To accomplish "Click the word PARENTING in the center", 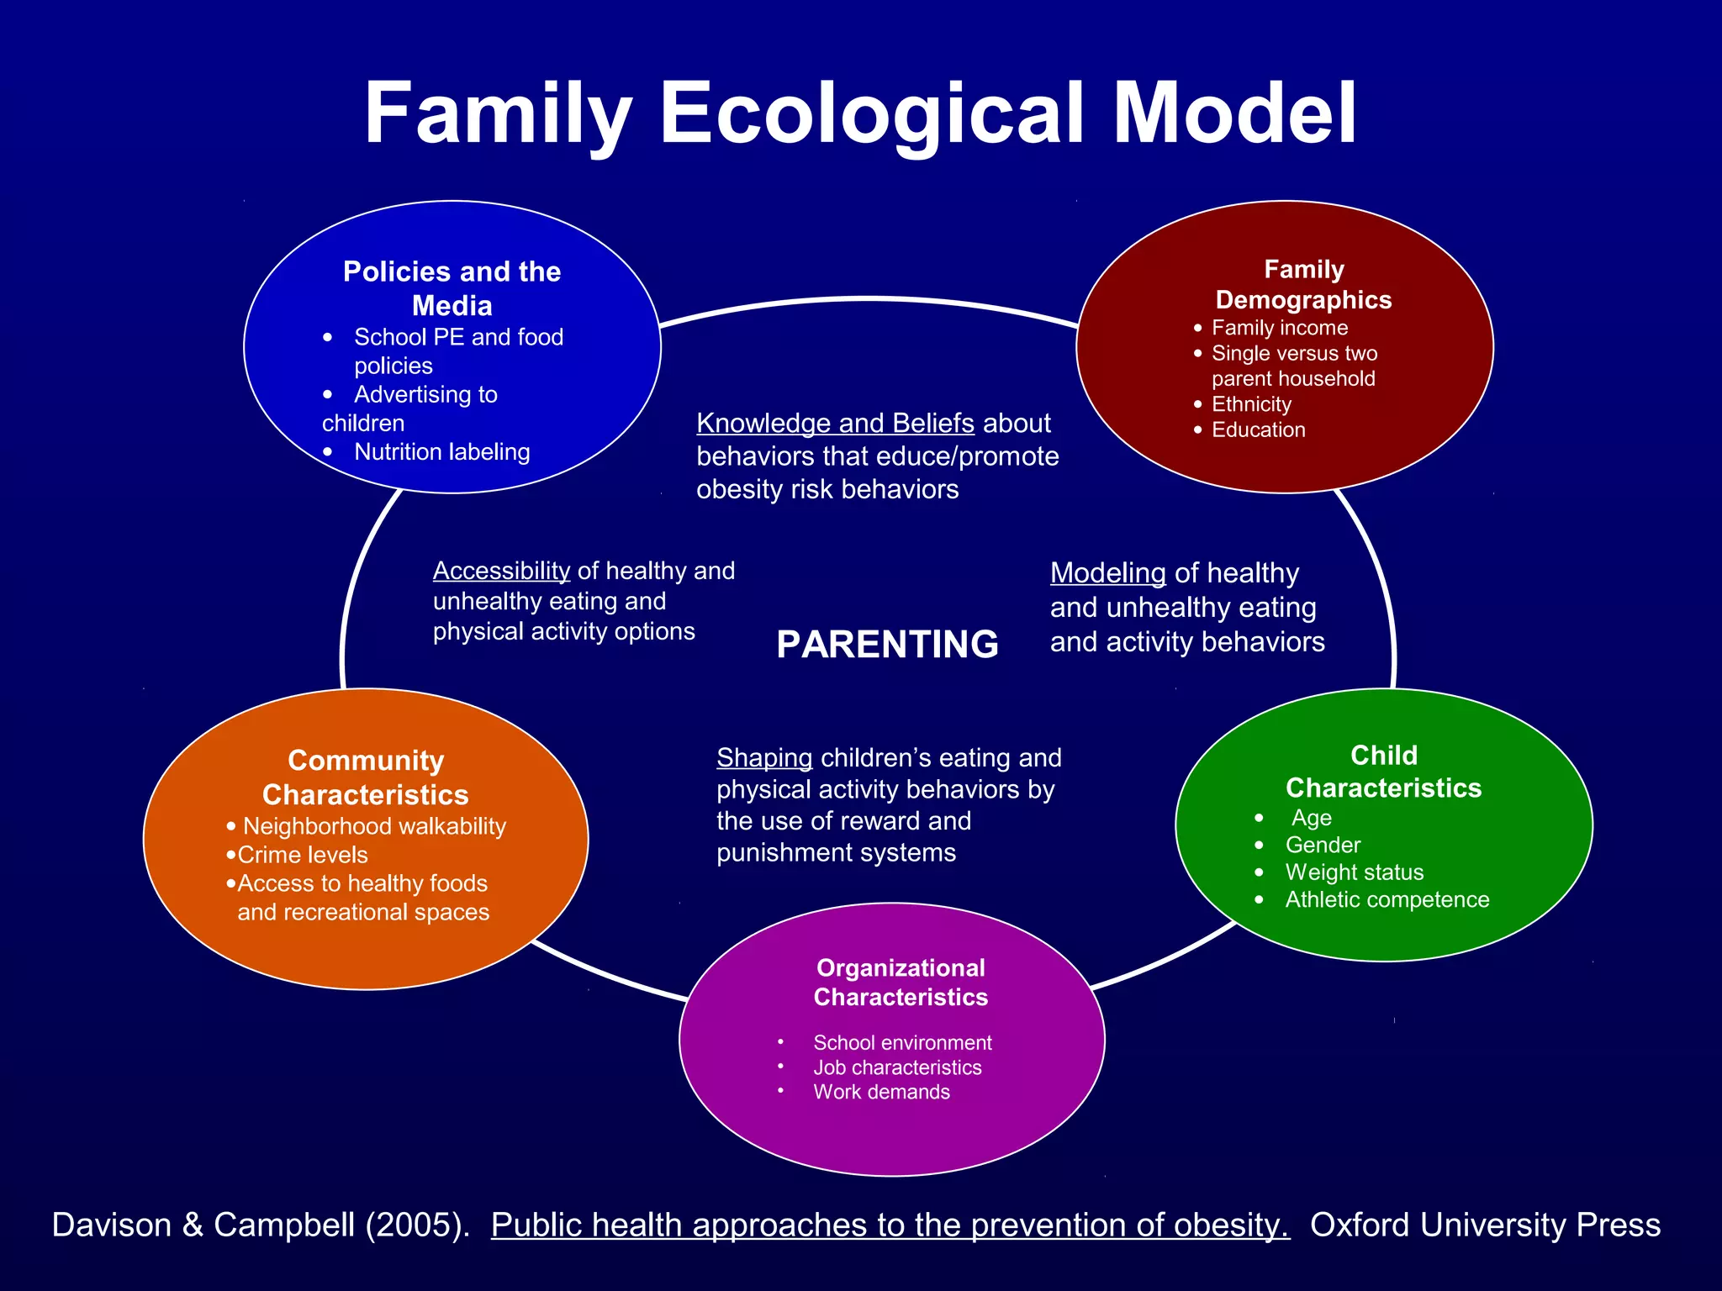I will click(x=887, y=645).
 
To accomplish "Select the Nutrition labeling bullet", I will click(x=441, y=452).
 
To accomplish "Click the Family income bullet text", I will click(x=1279, y=328).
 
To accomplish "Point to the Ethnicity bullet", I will click(x=1250, y=404).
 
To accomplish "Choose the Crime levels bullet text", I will click(x=303, y=855).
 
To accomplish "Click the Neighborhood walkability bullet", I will click(x=374, y=826).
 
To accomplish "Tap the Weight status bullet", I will click(x=1354, y=872).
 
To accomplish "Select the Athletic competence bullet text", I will click(x=1387, y=899).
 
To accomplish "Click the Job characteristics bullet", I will click(x=897, y=1067).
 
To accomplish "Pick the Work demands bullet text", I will click(x=881, y=1092).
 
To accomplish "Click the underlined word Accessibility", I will click(x=501, y=571).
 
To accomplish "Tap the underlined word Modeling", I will click(x=1107, y=573).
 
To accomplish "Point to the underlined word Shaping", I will click(x=763, y=758).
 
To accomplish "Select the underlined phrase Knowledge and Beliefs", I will click(x=835, y=423).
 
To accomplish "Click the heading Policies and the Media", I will click(x=452, y=288).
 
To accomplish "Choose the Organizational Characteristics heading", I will click(x=901, y=983).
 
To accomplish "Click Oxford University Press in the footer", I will click(x=1485, y=1225).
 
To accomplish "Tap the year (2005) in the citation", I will click(x=416, y=1225).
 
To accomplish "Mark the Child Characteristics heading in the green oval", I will click(x=1383, y=772).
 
